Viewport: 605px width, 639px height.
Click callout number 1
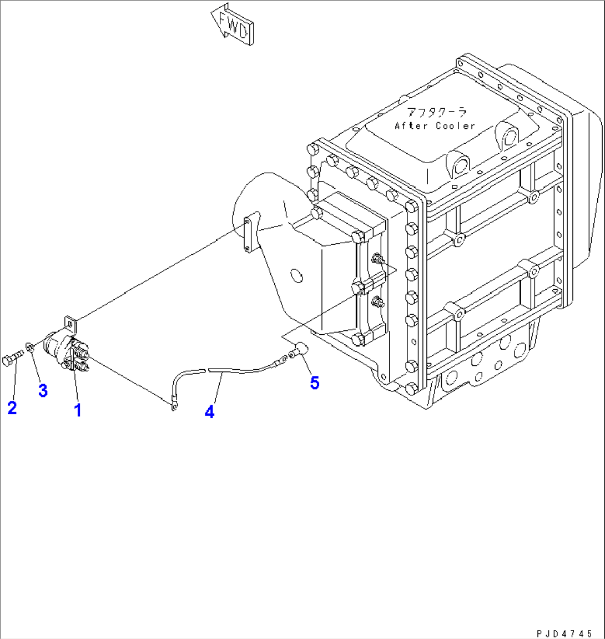[x=78, y=410]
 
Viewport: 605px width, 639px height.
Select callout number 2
[x=12, y=408]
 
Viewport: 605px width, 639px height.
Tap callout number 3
[x=43, y=390]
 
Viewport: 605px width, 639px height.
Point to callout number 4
[x=209, y=412]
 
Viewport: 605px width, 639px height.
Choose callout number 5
[x=315, y=383]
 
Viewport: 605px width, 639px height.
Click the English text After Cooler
[x=435, y=126]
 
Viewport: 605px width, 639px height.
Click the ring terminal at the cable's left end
[x=174, y=407]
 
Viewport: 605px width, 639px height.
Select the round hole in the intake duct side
[x=295, y=274]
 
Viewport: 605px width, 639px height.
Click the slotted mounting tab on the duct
[x=248, y=235]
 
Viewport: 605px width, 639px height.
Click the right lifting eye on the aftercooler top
[x=508, y=134]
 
